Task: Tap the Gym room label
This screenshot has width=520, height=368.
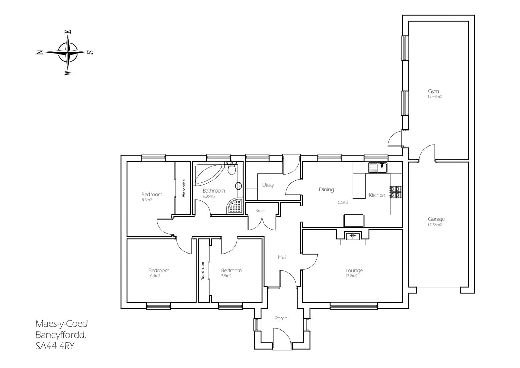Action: click(x=433, y=91)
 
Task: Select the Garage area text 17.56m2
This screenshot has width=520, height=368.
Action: click(x=435, y=225)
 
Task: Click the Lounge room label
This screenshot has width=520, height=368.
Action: click(x=354, y=270)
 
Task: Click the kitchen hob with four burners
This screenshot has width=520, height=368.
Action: click(x=396, y=192)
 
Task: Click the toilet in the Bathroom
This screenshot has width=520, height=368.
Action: click(x=232, y=169)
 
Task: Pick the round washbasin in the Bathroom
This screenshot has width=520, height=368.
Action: click(x=239, y=186)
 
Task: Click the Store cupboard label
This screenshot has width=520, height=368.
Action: click(x=260, y=211)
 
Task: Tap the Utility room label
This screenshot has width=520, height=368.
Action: click(x=268, y=185)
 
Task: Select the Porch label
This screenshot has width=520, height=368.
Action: click(x=281, y=318)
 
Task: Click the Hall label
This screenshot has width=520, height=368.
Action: click(x=282, y=257)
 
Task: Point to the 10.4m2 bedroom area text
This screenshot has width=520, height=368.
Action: click(x=154, y=276)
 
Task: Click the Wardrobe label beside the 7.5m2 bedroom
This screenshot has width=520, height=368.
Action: click(x=203, y=271)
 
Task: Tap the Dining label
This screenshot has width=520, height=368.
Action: click(x=326, y=189)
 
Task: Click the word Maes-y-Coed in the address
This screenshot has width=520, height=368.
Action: click(x=62, y=323)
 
